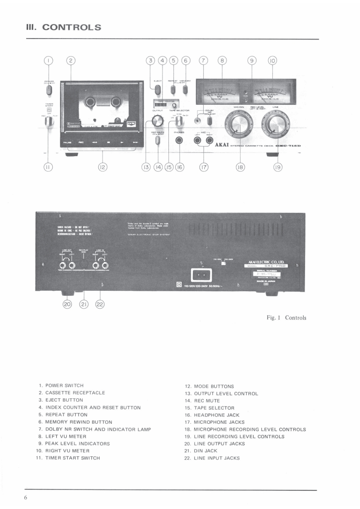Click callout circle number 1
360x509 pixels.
(x=49, y=60)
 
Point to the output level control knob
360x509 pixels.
(x=157, y=120)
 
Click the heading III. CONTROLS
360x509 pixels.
(x=64, y=27)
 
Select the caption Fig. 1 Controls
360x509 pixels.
(x=286, y=318)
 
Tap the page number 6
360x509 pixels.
(x=26, y=498)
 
